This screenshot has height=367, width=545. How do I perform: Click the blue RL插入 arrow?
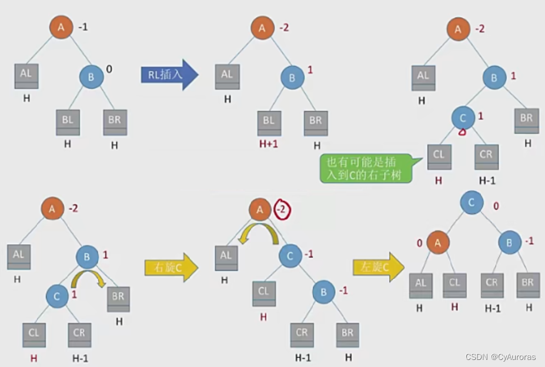pyautogui.click(x=169, y=74)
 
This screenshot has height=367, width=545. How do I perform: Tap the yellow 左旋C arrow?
pyautogui.click(x=379, y=268)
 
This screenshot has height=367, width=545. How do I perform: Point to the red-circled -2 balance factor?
pyautogui.click(x=283, y=209)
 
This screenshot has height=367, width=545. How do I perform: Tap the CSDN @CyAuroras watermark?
pyautogui.click(x=500, y=357)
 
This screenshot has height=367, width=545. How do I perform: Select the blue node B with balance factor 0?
pyautogui.click(x=91, y=76)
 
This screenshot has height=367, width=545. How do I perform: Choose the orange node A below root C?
pyautogui.click(x=438, y=242)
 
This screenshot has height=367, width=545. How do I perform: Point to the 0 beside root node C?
pyautogui.click(x=496, y=207)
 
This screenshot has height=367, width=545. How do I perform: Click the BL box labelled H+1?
pyautogui.click(x=268, y=122)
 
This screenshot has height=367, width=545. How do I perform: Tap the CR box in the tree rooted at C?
pyautogui.click(x=491, y=285)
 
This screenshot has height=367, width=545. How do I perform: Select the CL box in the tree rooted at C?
pyautogui.click(x=454, y=285)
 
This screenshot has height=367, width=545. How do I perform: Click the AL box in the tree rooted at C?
pyautogui.click(x=420, y=285)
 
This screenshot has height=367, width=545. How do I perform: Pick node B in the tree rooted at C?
pyautogui.click(x=510, y=242)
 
